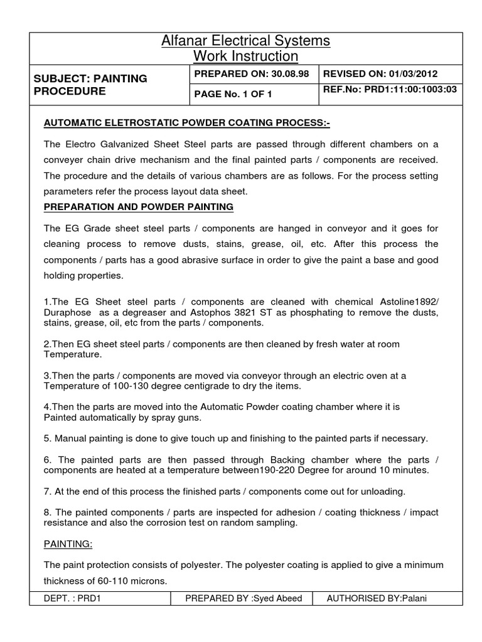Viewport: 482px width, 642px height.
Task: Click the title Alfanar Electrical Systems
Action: click(245, 41)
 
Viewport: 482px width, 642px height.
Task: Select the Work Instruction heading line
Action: click(245, 56)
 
